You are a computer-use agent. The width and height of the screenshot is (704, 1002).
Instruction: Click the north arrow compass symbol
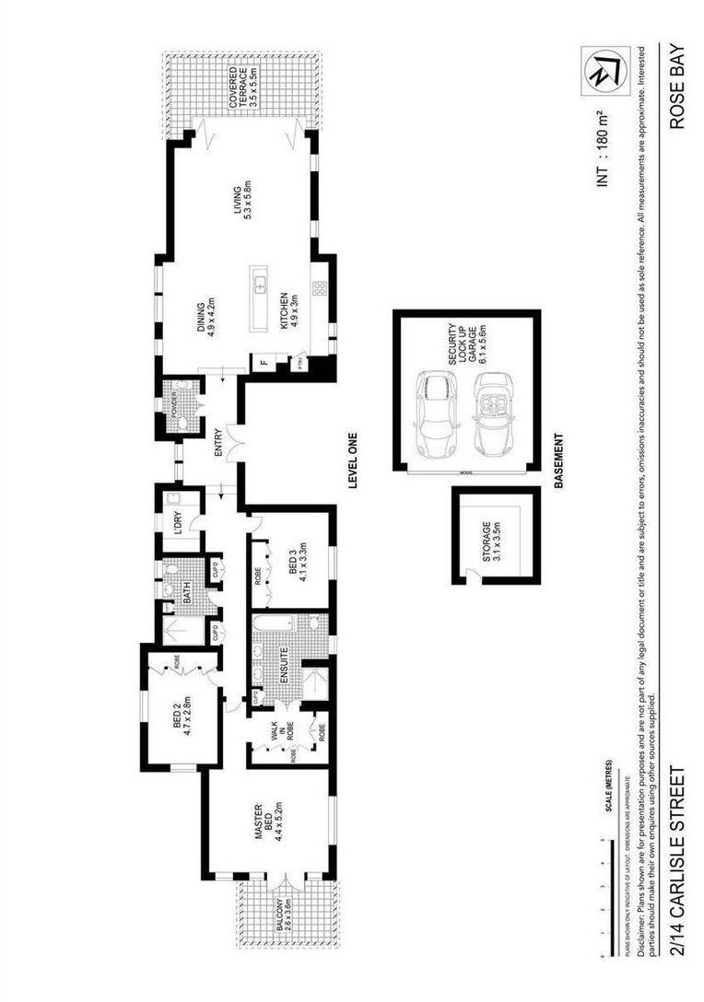[x=595, y=69]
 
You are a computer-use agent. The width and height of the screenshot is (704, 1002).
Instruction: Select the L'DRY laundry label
[x=177, y=522]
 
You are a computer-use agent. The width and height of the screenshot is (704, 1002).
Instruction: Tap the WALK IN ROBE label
[x=273, y=734]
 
